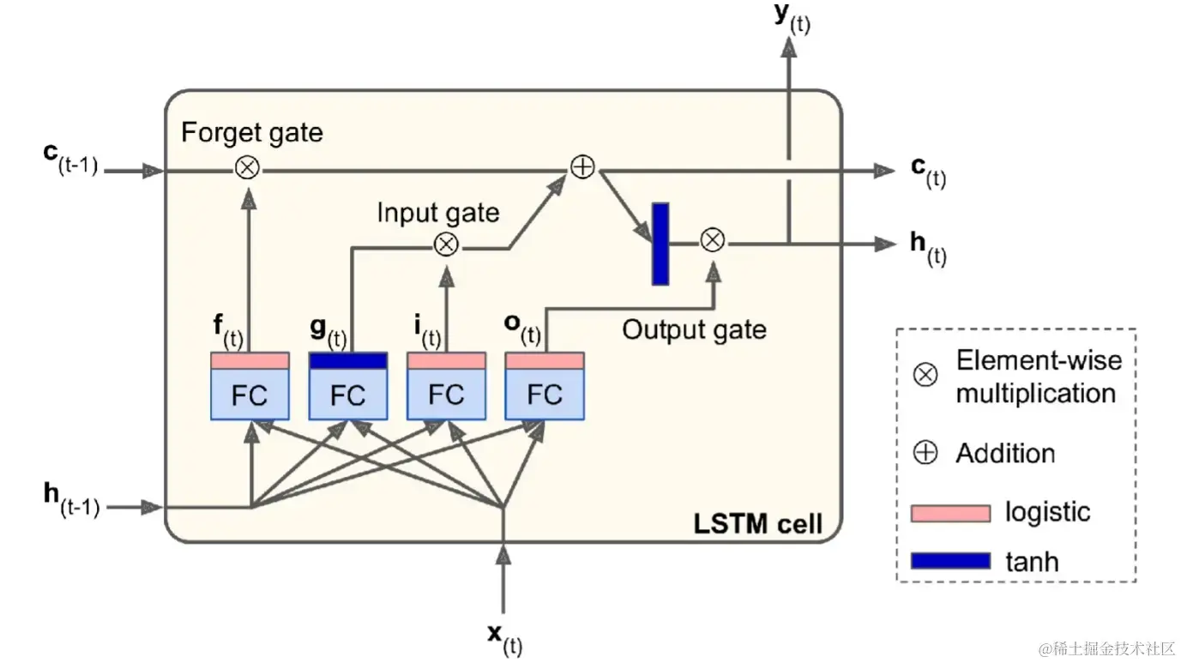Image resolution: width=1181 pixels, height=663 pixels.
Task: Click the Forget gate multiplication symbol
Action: click(x=247, y=169)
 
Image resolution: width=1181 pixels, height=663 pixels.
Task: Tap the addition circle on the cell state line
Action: click(x=582, y=168)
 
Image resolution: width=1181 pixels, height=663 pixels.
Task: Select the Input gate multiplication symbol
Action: click(x=445, y=244)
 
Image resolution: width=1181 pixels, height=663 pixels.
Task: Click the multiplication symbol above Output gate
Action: click(x=713, y=241)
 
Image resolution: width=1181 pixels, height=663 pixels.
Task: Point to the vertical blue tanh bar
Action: click(x=660, y=244)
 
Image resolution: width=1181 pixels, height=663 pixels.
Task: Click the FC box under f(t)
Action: click(x=250, y=395)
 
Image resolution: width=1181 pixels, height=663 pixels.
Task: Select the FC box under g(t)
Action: click(x=347, y=395)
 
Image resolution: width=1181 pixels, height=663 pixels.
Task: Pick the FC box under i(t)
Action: click(x=446, y=395)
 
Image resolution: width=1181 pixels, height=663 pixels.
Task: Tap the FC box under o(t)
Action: click(x=545, y=395)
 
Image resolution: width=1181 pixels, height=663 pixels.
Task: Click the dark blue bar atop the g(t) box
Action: click(x=347, y=361)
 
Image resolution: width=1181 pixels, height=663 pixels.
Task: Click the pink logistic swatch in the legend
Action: click(x=950, y=513)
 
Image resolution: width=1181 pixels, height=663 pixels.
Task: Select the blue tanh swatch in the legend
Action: click(x=950, y=562)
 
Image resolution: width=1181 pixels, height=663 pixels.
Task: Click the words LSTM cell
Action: click(x=757, y=522)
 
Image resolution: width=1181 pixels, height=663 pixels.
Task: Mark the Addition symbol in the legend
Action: click(x=925, y=453)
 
